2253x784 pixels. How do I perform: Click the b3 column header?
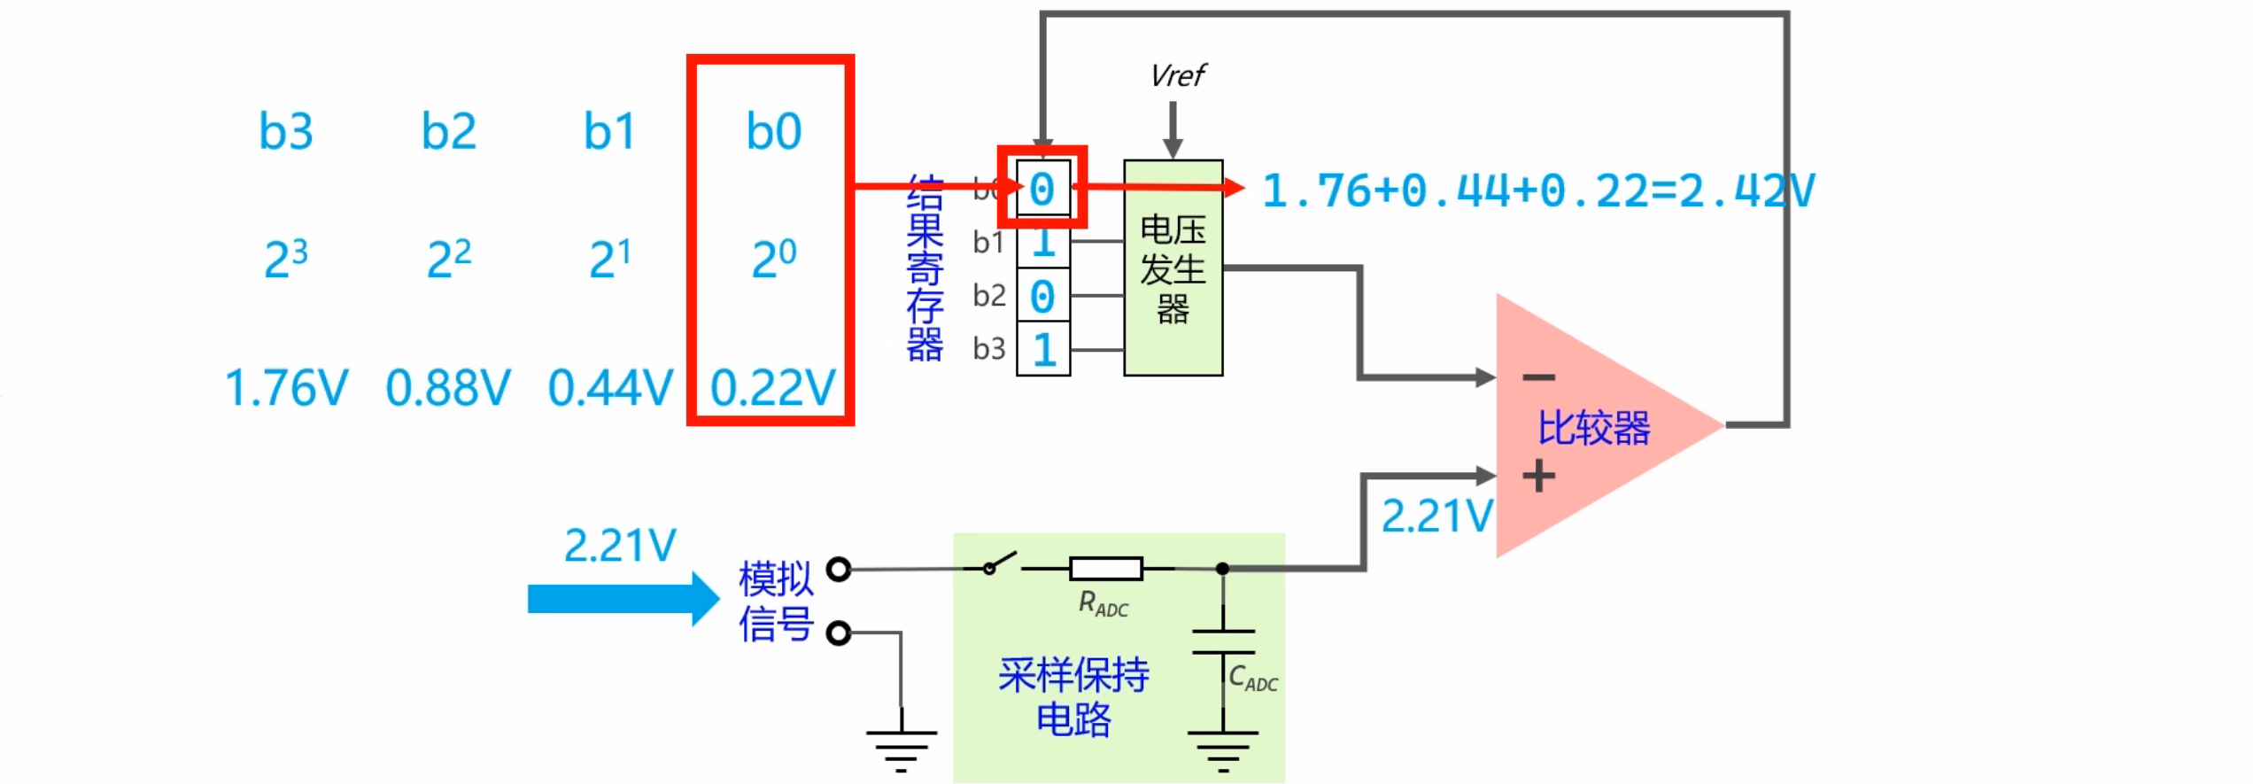285,132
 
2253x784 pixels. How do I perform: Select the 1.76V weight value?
286,388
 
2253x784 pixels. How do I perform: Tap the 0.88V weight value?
448,388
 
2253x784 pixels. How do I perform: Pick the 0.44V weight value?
610,388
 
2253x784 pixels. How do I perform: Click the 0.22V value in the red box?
772,388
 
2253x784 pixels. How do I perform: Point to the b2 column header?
448,132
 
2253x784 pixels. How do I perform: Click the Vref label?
1177,76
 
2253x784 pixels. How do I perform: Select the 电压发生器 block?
1173,268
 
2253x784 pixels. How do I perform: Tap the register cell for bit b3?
1043,349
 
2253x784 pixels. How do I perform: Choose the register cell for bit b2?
1043,296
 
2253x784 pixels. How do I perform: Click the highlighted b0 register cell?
1042,188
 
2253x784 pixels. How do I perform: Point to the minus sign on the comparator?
1538,378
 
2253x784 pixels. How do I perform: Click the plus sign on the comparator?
1538,477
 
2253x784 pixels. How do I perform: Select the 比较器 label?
1593,428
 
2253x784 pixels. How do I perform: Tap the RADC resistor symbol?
1105,568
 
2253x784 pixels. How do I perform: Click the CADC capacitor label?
1252,678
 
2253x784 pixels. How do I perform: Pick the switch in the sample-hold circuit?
1001,564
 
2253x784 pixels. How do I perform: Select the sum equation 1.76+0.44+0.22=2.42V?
1537,190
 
